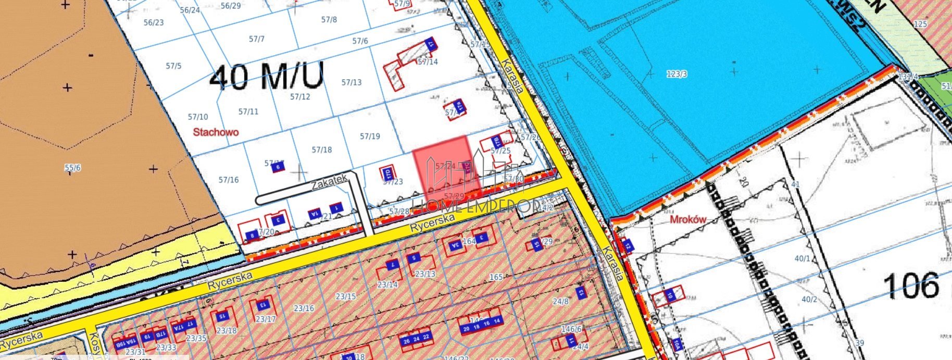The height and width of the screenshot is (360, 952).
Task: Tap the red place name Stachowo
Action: [x=216, y=132]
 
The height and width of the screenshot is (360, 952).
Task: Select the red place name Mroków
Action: [x=687, y=219]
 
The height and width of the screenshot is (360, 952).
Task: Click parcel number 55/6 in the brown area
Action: [x=72, y=168]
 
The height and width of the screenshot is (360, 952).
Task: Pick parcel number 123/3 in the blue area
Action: [x=677, y=74]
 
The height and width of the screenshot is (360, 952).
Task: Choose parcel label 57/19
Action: [x=370, y=136]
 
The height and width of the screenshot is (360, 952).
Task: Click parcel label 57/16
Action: [x=229, y=180]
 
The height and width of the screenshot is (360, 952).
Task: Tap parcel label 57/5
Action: [x=173, y=66]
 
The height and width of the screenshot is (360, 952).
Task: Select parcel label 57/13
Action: [x=352, y=82]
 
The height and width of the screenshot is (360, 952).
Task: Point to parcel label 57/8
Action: [x=329, y=20]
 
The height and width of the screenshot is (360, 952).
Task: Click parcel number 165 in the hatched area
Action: [x=496, y=277]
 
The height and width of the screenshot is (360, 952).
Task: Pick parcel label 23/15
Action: [x=345, y=296]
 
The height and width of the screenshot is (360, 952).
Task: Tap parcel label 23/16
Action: [x=304, y=308]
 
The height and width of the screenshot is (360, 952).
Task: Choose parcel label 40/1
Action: [x=802, y=258]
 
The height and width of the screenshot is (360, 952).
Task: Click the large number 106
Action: [x=911, y=285]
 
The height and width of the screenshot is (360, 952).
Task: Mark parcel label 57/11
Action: [x=248, y=111]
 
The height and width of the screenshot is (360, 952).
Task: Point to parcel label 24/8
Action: [x=561, y=301]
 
